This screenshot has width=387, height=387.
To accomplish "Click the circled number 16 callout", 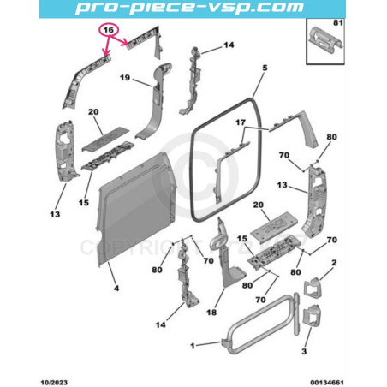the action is click(x=108, y=30).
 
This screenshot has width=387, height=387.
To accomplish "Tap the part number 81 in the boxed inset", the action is click(x=338, y=23).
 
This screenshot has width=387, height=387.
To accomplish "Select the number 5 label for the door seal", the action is click(x=265, y=68).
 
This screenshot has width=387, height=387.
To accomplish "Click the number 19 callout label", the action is click(x=125, y=78).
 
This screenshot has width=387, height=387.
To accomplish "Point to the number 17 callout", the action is click(x=241, y=122).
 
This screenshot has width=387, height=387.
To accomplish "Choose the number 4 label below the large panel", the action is click(x=116, y=289).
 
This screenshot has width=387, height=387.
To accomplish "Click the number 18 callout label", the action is click(x=211, y=313).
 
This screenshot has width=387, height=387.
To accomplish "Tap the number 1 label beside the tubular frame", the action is click(x=193, y=346).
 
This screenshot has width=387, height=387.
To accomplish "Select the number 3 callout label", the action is click(x=304, y=351).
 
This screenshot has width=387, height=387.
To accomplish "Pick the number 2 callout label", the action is click(x=334, y=263).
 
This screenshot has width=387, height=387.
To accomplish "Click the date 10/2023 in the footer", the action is click(x=54, y=383).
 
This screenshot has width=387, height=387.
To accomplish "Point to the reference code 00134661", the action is click(x=327, y=383).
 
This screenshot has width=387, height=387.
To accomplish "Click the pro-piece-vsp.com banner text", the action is click(x=189, y=8).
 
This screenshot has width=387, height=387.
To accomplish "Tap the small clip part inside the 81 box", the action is click(x=326, y=40).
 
